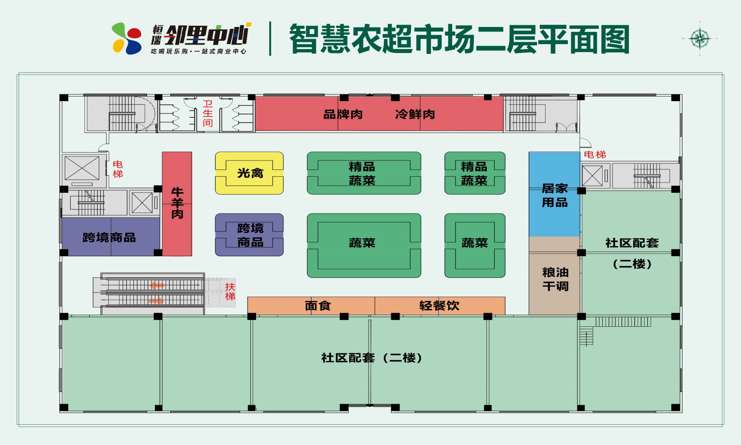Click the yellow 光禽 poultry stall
click(x=249, y=173)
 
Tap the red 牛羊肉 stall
click(x=177, y=204)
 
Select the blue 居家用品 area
click(x=555, y=195)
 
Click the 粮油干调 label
click(x=555, y=279)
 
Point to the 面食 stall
click(x=317, y=306)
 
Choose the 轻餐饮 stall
click(x=439, y=306)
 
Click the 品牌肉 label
click(x=343, y=115)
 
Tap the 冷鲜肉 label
click(x=415, y=115)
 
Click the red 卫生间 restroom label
click(x=208, y=114)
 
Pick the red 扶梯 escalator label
click(x=230, y=291)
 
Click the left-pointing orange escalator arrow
click(x=157, y=285)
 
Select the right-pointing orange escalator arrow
click(x=156, y=300)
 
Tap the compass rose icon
click(x=700, y=39)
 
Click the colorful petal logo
click(x=127, y=39)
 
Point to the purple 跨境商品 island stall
click(x=249, y=235)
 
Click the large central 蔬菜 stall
click(x=364, y=245)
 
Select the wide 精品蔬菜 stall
click(x=364, y=174)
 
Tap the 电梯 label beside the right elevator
click(x=595, y=155)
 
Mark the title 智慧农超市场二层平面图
click(x=459, y=39)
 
